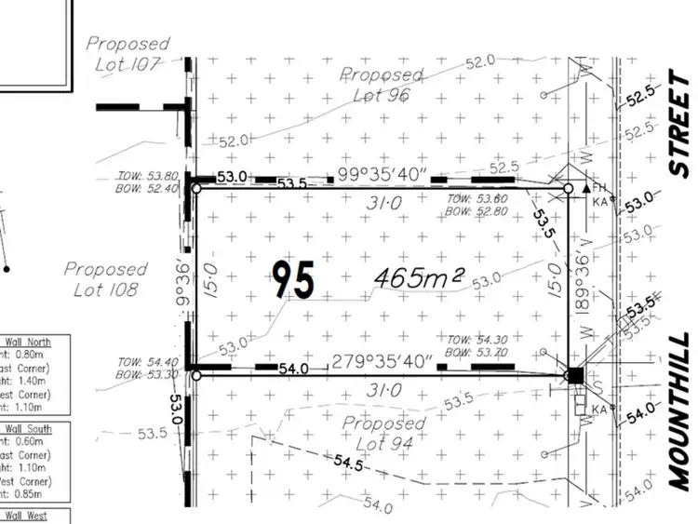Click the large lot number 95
tap(293, 278)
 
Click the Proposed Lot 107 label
tap(128, 53)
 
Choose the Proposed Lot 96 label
tap(382, 84)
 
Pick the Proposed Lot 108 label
tap(105, 279)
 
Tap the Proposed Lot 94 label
tap(383, 435)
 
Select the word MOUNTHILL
tap(679, 410)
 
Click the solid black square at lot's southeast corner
tap(574, 376)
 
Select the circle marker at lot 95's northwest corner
tap(195, 188)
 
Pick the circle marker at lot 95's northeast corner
tap(568, 188)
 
